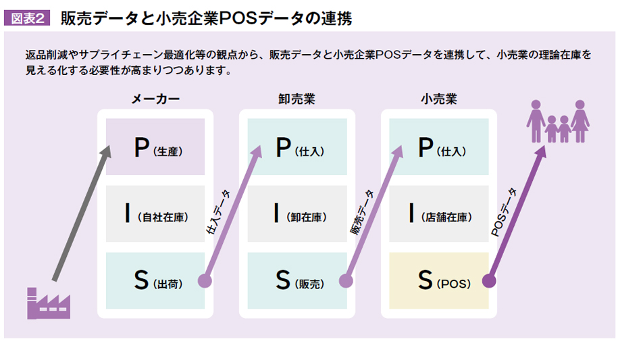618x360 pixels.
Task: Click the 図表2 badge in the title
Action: (27, 18)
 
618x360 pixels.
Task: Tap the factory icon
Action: (49, 303)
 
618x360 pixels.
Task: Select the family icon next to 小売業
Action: (558, 121)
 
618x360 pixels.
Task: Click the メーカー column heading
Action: (155, 99)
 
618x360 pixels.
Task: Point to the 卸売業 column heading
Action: (297, 99)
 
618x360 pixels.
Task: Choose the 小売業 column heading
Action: (438, 99)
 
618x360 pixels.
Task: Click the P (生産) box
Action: (155, 147)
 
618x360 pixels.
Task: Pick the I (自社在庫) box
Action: (155, 213)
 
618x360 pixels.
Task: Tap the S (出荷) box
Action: (155, 280)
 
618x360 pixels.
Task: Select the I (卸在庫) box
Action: (297, 213)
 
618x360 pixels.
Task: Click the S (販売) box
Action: (297, 280)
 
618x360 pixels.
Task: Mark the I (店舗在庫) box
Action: (438, 213)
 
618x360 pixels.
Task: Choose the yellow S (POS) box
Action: (438, 280)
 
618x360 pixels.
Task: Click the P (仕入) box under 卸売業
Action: (297, 147)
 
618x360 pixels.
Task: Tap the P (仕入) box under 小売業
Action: (438, 147)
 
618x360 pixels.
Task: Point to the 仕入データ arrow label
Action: (218, 212)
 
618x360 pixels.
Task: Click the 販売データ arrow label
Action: (362, 212)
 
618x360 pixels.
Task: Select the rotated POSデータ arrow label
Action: (503, 212)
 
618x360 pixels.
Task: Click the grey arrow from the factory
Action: (82, 213)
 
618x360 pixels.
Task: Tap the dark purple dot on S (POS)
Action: (489, 281)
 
